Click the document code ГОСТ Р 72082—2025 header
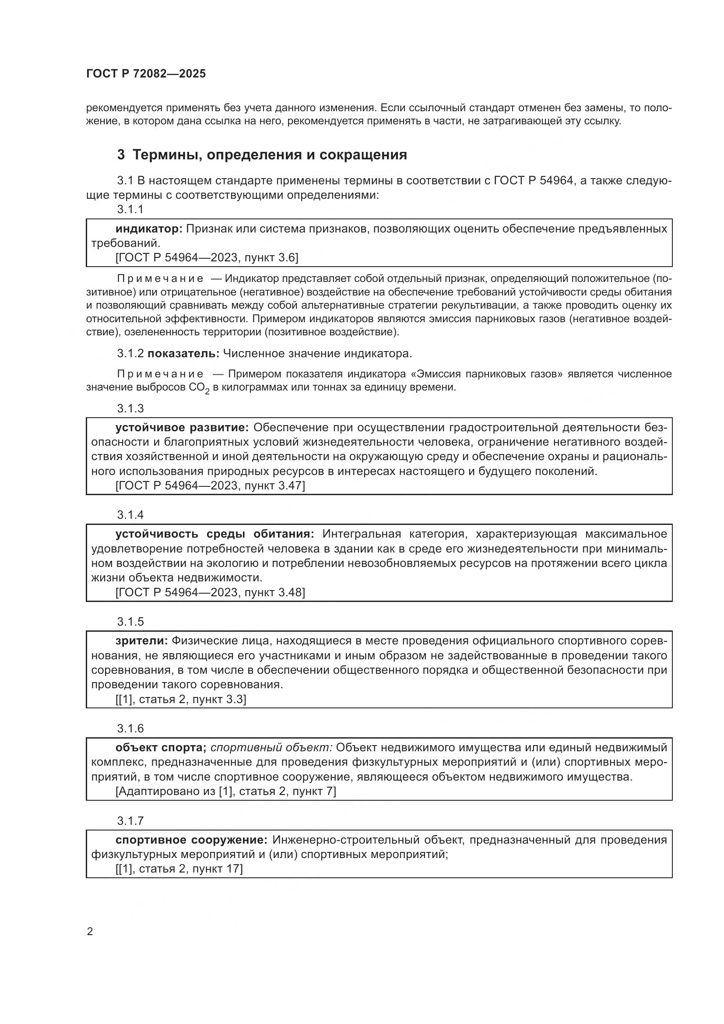(146, 74)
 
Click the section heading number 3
(121, 155)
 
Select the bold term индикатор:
(149, 229)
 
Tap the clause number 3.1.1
(130, 209)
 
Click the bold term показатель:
(183, 354)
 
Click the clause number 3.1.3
(130, 408)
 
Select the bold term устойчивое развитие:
(182, 428)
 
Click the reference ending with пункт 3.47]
(210, 486)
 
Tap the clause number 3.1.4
(130, 515)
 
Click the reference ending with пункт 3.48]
(210, 592)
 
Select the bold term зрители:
(141, 641)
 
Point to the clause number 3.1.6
(130, 728)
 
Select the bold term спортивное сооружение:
(191, 840)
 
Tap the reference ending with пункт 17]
(179, 869)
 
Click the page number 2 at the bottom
(90, 932)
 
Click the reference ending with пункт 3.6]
(207, 257)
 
